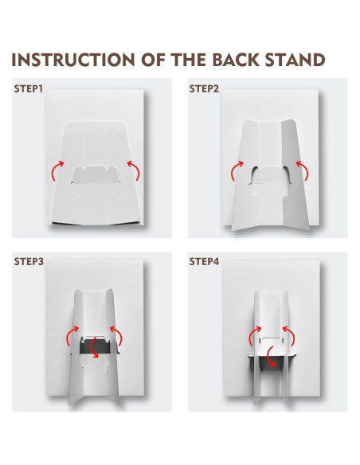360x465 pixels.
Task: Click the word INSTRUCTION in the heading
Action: click(73, 60)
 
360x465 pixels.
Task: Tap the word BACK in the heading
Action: click(235, 60)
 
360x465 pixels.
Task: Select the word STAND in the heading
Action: click(295, 60)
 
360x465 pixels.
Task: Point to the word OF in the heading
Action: click(153, 60)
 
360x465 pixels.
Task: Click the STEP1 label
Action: click(29, 88)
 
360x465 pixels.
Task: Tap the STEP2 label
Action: click(204, 88)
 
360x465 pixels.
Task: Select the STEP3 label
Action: click(29, 261)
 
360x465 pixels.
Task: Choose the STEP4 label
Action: click(205, 261)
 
